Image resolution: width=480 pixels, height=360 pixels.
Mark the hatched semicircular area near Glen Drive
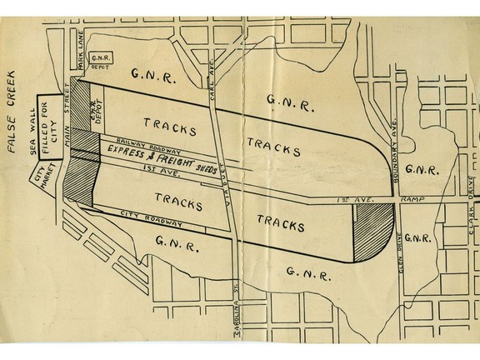click(373, 233)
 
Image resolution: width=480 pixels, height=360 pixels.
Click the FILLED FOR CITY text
click(50, 128)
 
